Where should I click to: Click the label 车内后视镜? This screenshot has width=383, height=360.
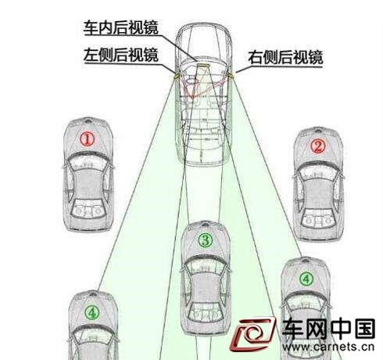coord(121,28)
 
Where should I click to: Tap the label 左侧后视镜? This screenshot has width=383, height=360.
coord(121,55)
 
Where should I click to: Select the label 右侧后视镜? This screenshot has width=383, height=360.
coord(285,57)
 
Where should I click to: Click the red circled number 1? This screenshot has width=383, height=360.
coord(87,139)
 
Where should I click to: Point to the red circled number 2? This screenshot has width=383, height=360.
coord(318,146)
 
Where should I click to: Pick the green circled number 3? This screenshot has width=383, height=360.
coord(206,240)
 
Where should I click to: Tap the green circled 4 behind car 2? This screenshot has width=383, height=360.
coord(306,279)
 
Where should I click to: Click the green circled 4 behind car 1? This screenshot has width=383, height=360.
coord(92,312)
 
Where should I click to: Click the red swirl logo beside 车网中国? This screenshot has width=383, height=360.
coord(252,334)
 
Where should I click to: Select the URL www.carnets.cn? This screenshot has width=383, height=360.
coord(328,347)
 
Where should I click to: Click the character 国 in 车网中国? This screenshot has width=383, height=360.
coord(364,329)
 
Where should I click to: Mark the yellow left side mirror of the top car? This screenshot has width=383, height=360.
coord(176,75)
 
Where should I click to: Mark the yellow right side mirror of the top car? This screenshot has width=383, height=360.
coord(231,75)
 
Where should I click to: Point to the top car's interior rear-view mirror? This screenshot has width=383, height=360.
coord(203,65)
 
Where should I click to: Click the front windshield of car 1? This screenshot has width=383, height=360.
coord(88,162)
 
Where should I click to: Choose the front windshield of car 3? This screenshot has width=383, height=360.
coord(206,265)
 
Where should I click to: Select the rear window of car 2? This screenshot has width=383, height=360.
coord(318,218)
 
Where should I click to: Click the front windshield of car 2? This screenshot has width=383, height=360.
coord(318,171)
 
